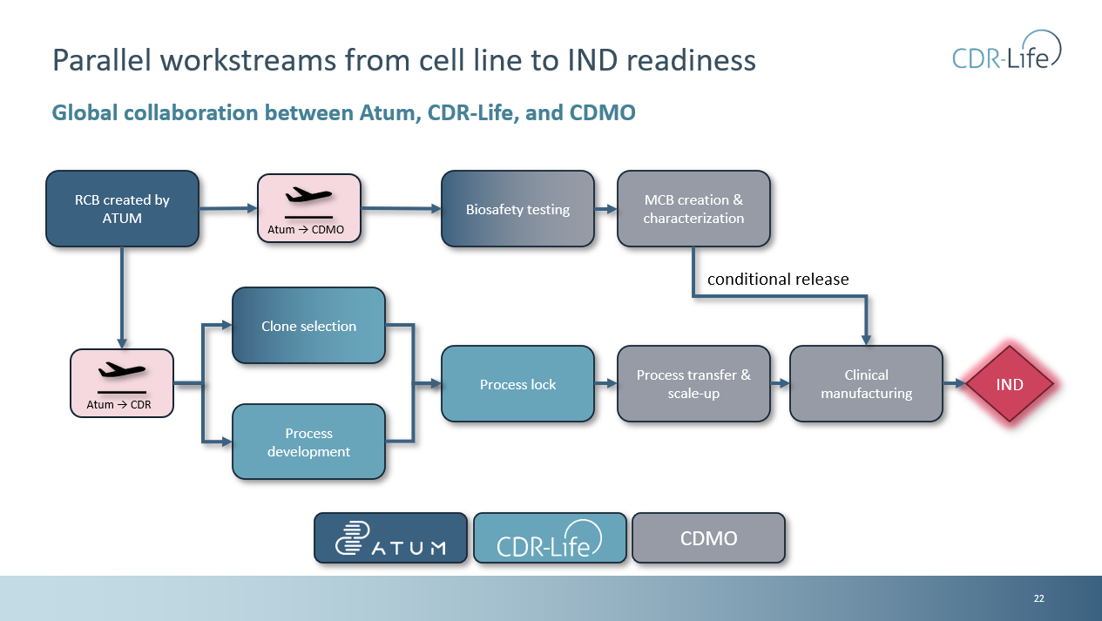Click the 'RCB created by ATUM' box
(122, 208)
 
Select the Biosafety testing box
(517, 209)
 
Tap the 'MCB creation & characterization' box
(693, 209)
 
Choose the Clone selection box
(308, 326)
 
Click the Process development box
(308, 442)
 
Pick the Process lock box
(517, 384)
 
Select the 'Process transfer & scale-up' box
(693, 384)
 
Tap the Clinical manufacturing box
(866, 384)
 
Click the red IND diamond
(1010, 384)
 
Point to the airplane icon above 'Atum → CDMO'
(308, 196)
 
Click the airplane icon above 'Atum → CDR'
(122, 371)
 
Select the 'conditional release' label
(777, 279)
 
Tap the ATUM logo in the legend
(390, 537)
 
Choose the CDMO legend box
(708, 538)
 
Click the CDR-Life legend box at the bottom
(549, 538)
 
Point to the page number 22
(1038, 598)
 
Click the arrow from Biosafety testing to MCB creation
(605, 209)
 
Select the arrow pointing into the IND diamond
(955, 384)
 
